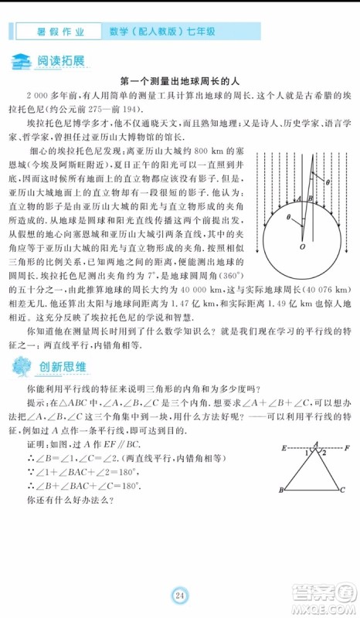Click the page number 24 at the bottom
pos(180,595)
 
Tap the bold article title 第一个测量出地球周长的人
pos(180,80)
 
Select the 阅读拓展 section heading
pos(59,61)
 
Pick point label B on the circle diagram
pos(310,199)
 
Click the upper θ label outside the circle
pos(327,182)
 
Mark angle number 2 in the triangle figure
pos(325,453)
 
